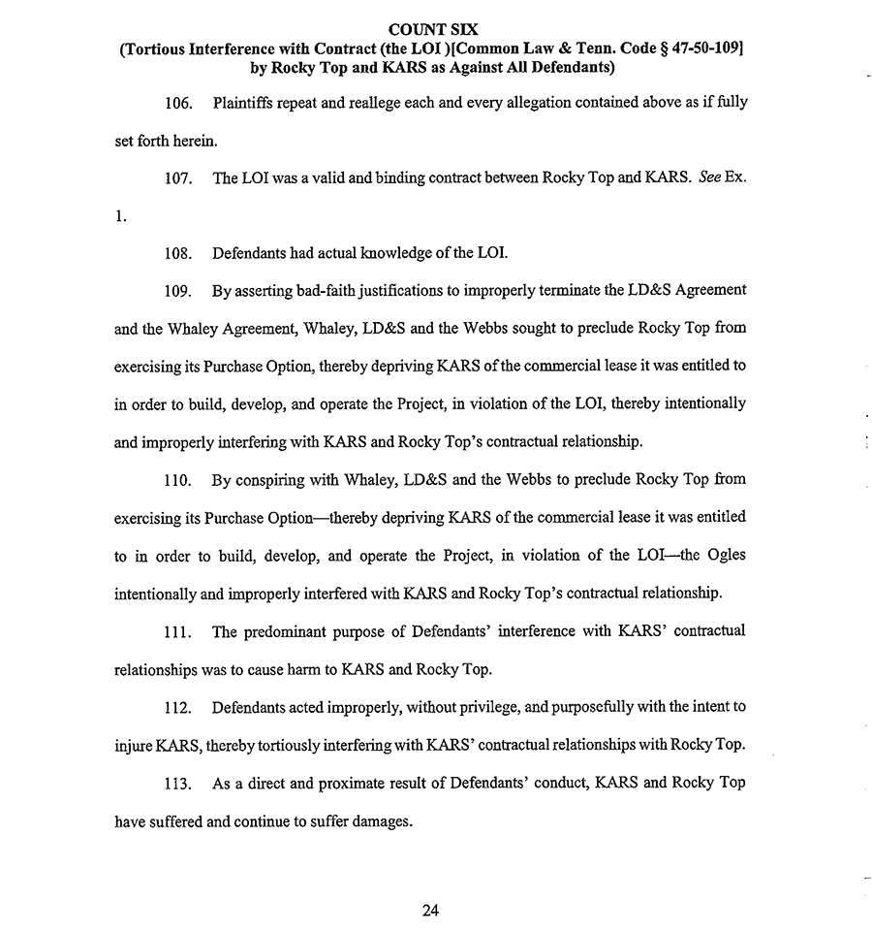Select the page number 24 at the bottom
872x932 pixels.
tap(432, 911)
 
